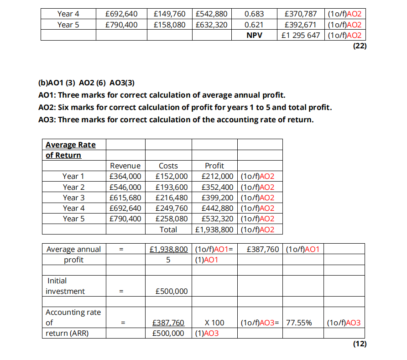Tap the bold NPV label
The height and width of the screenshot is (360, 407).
click(255, 36)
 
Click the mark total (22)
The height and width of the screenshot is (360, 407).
click(360, 46)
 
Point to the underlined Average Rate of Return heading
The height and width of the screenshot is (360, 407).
click(70, 150)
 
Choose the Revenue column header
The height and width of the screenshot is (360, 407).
click(125, 166)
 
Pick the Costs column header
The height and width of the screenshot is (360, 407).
click(168, 166)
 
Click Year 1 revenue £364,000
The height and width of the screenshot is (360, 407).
click(125, 176)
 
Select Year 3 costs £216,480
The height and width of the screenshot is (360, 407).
click(172, 198)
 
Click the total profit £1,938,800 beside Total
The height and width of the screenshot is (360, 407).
click(214, 230)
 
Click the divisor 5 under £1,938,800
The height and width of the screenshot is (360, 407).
click(168, 260)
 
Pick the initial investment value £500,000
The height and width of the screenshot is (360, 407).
click(172, 291)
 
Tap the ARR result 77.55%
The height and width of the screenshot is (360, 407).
click(299, 323)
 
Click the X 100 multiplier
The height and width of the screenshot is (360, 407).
click(214, 323)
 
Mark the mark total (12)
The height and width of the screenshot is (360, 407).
click(360, 344)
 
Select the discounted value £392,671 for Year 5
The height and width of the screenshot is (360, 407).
click(300, 25)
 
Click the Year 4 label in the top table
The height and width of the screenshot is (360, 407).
click(68, 14)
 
